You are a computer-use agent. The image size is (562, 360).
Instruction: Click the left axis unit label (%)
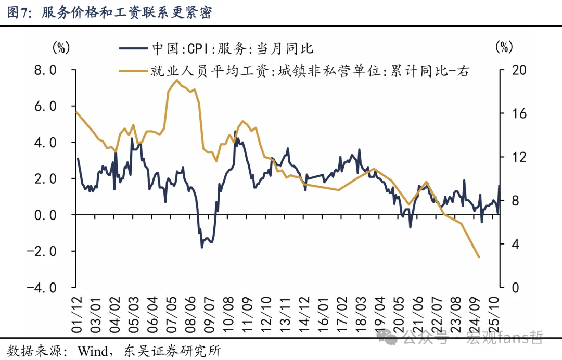tap(60, 48)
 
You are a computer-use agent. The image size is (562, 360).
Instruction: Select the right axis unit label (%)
tap(503, 48)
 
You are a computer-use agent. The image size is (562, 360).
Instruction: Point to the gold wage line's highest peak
tap(177, 80)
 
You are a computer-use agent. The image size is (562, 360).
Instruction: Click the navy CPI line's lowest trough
tap(202, 247)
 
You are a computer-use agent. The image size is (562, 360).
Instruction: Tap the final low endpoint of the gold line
tap(478, 257)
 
